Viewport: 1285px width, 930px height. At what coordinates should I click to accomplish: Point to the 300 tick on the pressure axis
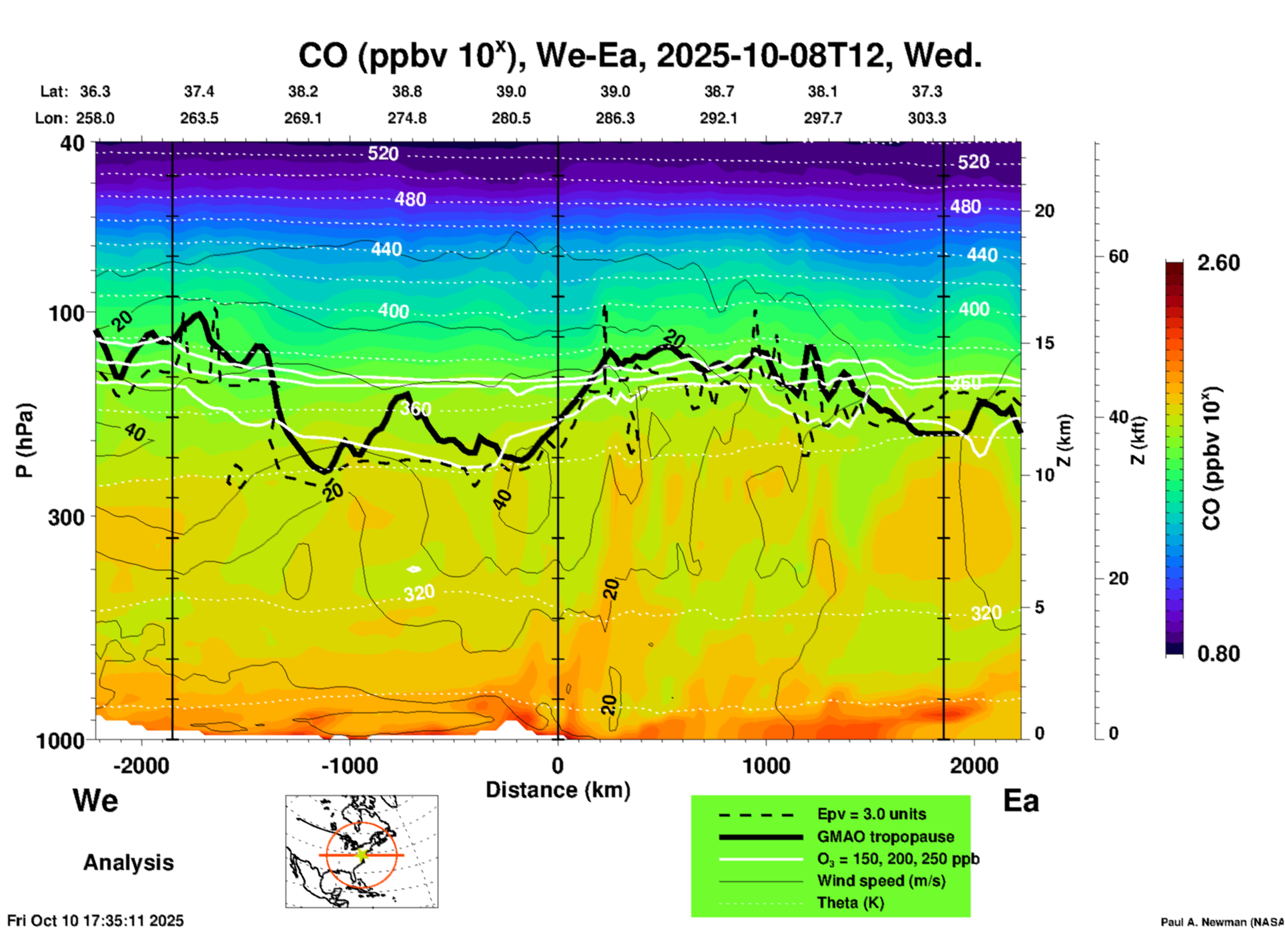pyautogui.click(x=67, y=517)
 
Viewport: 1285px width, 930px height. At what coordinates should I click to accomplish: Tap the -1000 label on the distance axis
pyautogui.click(x=350, y=765)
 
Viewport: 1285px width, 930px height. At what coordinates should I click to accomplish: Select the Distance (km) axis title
pyautogui.click(x=558, y=790)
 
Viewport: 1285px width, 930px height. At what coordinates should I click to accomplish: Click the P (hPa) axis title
pyautogui.click(x=24, y=440)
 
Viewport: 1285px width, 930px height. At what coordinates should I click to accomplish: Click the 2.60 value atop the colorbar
pyautogui.click(x=1218, y=263)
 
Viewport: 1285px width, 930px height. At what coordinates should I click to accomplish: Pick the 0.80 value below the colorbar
pyautogui.click(x=1218, y=654)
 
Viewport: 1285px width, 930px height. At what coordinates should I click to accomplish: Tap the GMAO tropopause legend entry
pyautogui.click(x=885, y=837)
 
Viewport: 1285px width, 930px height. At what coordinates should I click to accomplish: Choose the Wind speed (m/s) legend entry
pyautogui.click(x=881, y=881)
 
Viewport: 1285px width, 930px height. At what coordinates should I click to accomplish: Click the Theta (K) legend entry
pyautogui.click(x=850, y=903)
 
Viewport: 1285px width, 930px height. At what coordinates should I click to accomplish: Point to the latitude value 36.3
pyautogui.click(x=95, y=91)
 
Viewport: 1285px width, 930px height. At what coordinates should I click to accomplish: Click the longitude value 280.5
pyautogui.click(x=511, y=118)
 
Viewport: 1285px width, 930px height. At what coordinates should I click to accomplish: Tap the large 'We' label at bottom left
pyautogui.click(x=95, y=801)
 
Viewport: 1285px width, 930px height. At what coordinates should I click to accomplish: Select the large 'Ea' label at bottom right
pyautogui.click(x=1021, y=801)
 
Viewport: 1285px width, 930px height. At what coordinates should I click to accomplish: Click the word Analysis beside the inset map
pyautogui.click(x=128, y=863)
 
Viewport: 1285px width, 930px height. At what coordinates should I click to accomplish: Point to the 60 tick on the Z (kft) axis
pyautogui.click(x=1118, y=256)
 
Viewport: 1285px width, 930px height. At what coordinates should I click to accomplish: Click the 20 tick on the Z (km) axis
pyautogui.click(x=1044, y=211)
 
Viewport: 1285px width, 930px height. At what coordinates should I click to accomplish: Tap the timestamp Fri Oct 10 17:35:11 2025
pyautogui.click(x=95, y=921)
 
